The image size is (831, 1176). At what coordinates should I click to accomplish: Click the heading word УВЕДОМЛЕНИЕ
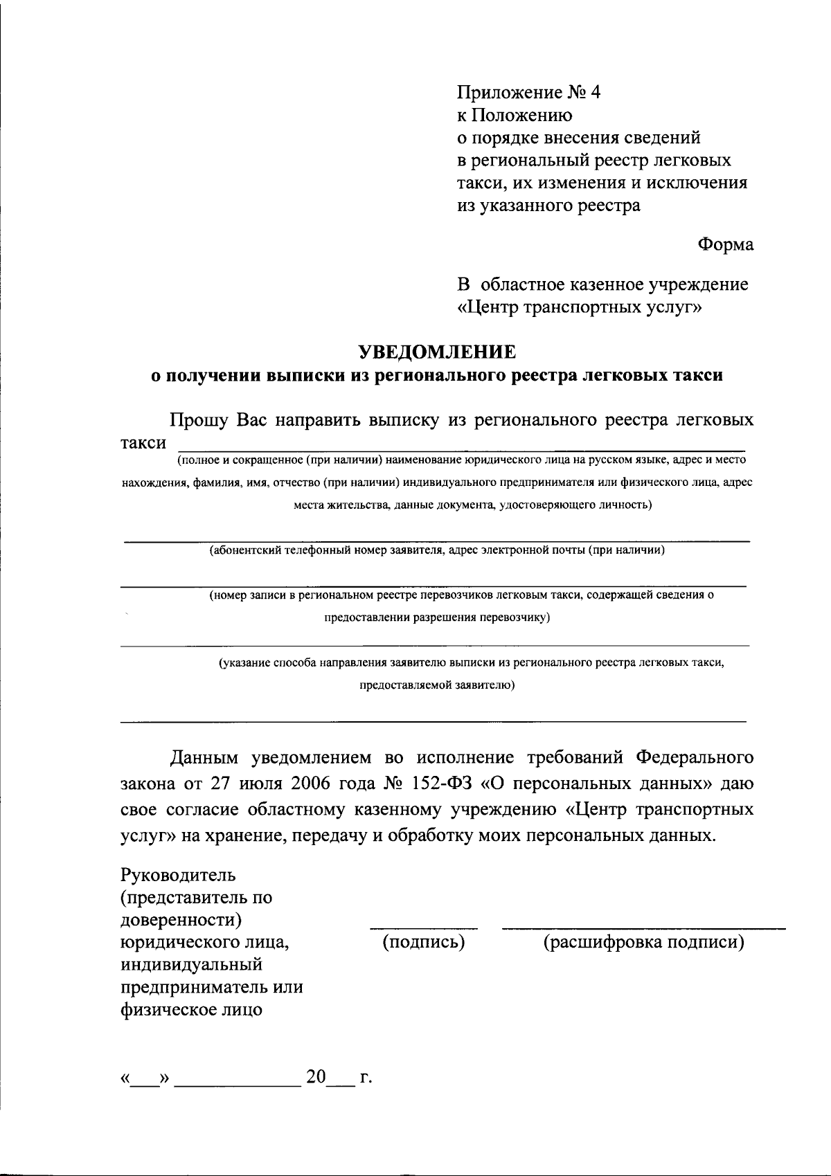(437, 352)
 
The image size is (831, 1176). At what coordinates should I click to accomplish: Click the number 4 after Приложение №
(595, 93)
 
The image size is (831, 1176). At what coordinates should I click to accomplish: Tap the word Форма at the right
(725, 244)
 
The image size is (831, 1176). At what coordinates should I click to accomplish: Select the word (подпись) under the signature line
(423, 941)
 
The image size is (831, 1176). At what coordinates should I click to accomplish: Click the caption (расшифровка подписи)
(643, 941)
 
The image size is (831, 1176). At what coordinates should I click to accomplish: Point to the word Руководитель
(178, 875)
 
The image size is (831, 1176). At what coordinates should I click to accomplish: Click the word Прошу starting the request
(200, 420)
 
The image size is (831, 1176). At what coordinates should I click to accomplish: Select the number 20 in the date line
(316, 1077)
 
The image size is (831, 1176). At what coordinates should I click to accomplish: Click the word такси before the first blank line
(143, 443)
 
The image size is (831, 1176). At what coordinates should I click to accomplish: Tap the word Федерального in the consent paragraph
(694, 757)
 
